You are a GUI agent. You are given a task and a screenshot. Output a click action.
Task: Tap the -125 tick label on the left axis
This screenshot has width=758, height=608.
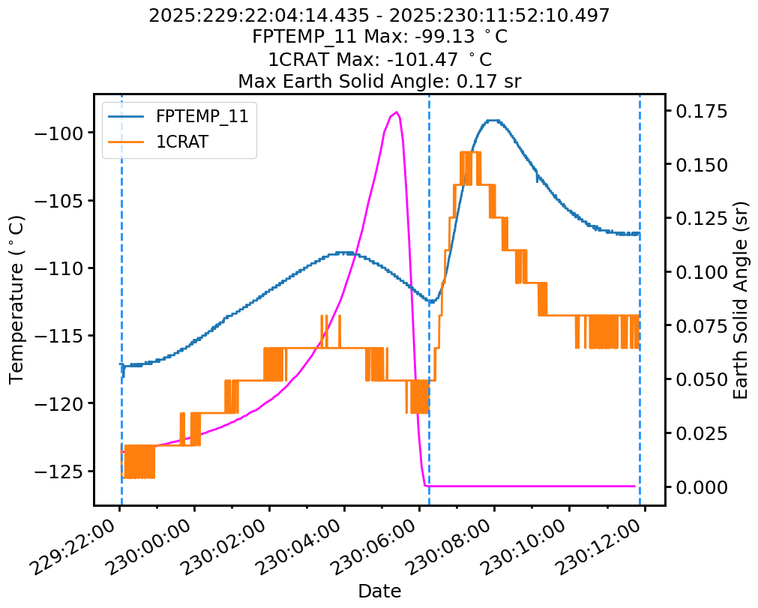pyautogui.click(x=65, y=472)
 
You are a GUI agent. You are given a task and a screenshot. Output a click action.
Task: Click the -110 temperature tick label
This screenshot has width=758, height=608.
pyautogui.click(x=65, y=268)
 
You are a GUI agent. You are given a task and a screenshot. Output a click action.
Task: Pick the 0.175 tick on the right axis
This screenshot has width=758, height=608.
pyautogui.click(x=700, y=112)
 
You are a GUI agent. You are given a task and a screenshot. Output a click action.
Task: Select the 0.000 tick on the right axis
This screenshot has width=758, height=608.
pyautogui.click(x=700, y=487)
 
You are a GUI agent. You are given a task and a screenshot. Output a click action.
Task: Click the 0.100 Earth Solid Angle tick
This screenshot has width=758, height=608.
pyautogui.click(x=700, y=272)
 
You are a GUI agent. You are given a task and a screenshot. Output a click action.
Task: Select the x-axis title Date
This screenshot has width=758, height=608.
pyautogui.click(x=379, y=591)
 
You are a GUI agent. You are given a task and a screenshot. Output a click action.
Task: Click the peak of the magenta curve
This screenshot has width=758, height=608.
pyautogui.click(x=396, y=112)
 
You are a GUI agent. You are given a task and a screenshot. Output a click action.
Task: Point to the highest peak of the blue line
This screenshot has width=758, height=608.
pyautogui.click(x=492, y=120)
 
